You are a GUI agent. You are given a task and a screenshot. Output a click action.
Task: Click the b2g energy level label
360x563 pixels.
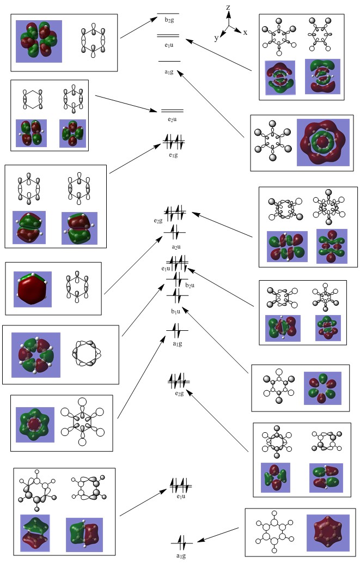169,20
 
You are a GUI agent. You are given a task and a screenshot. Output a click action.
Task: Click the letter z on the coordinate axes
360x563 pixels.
228,7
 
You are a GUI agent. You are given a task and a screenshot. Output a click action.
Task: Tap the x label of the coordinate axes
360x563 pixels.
245,32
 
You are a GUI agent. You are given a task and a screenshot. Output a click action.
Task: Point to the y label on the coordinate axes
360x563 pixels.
216,38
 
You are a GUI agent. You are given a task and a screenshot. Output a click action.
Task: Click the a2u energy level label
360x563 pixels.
176,247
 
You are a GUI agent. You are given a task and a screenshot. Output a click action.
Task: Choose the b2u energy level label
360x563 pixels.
190,284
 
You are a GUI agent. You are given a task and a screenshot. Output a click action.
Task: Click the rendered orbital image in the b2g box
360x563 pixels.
39,41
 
